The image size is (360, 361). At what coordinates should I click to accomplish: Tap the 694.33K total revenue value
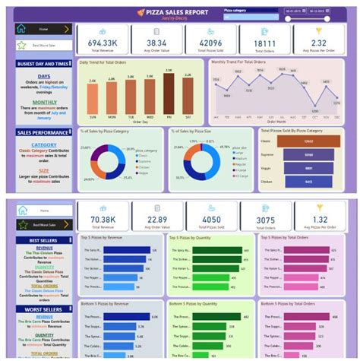102,43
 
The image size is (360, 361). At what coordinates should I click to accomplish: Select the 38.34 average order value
157,43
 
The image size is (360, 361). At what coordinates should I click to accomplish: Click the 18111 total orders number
265,43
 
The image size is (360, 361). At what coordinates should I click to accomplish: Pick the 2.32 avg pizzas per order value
319,43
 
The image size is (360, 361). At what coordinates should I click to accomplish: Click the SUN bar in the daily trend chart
93,102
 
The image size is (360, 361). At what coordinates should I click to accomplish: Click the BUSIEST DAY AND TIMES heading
43,65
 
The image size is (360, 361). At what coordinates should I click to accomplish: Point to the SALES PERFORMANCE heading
43,132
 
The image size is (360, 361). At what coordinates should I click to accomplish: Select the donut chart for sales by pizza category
108,162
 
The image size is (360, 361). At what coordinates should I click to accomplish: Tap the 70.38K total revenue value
102,220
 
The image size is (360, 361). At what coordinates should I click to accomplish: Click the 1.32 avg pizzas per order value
319,220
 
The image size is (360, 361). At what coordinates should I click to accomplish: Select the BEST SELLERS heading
43,240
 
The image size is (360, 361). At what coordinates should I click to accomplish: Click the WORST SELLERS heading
43,309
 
